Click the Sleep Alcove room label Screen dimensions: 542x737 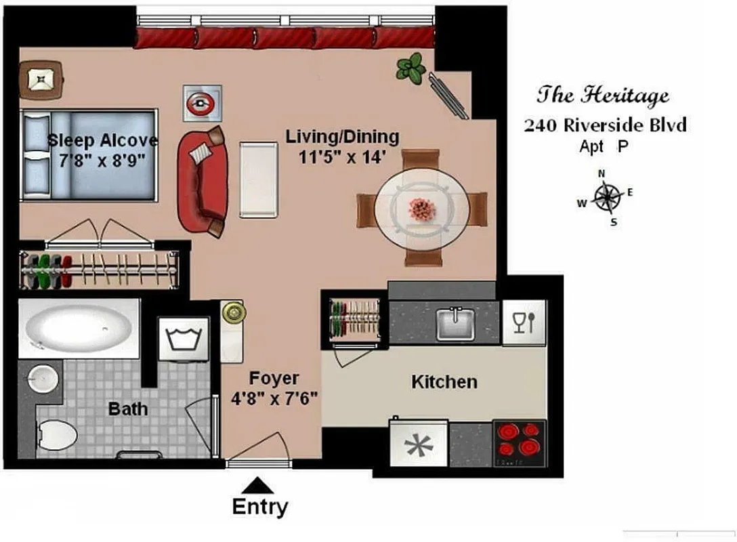(x=103, y=141)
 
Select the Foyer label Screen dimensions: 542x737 (x=274, y=378)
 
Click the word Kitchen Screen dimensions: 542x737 (x=444, y=382)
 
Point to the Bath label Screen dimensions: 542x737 (x=128, y=409)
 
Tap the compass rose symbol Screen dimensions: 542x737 (x=608, y=197)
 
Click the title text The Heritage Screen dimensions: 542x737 (x=603, y=95)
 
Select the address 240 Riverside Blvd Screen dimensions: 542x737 (x=606, y=125)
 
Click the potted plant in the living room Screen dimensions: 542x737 (x=410, y=68)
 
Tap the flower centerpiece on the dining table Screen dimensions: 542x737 (x=423, y=208)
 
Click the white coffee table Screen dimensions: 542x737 (x=258, y=180)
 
